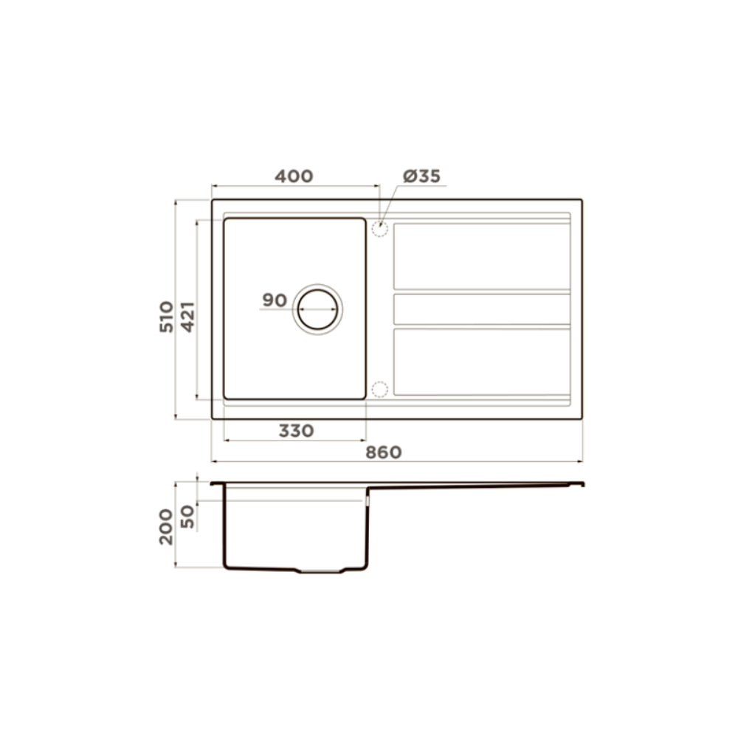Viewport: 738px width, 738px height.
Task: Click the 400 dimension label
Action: (294, 176)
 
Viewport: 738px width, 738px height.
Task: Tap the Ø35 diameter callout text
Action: (421, 176)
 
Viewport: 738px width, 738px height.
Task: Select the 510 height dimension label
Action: (166, 317)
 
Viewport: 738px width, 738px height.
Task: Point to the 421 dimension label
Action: (187, 317)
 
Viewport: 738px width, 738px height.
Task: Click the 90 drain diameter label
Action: (275, 300)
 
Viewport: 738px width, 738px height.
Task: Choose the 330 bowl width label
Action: (296, 431)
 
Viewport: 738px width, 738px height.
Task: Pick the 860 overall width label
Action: (384, 452)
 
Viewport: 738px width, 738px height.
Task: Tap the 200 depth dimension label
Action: (166, 527)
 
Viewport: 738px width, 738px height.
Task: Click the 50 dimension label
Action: (187, 517)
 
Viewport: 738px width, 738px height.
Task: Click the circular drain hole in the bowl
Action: (317, 290)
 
